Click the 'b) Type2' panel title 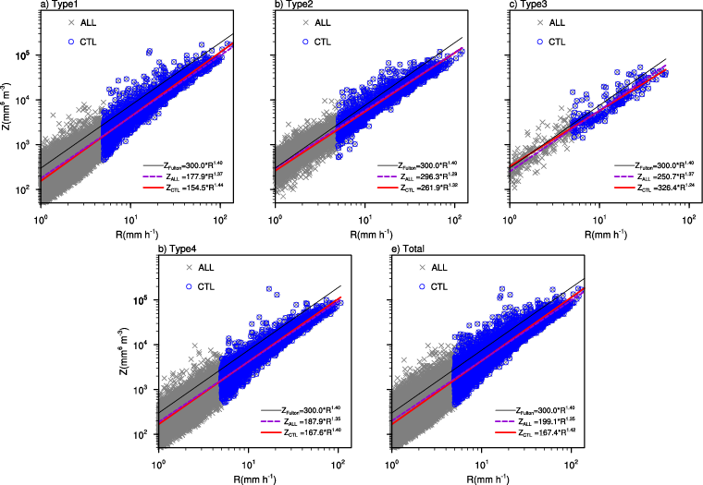click(295, 6)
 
